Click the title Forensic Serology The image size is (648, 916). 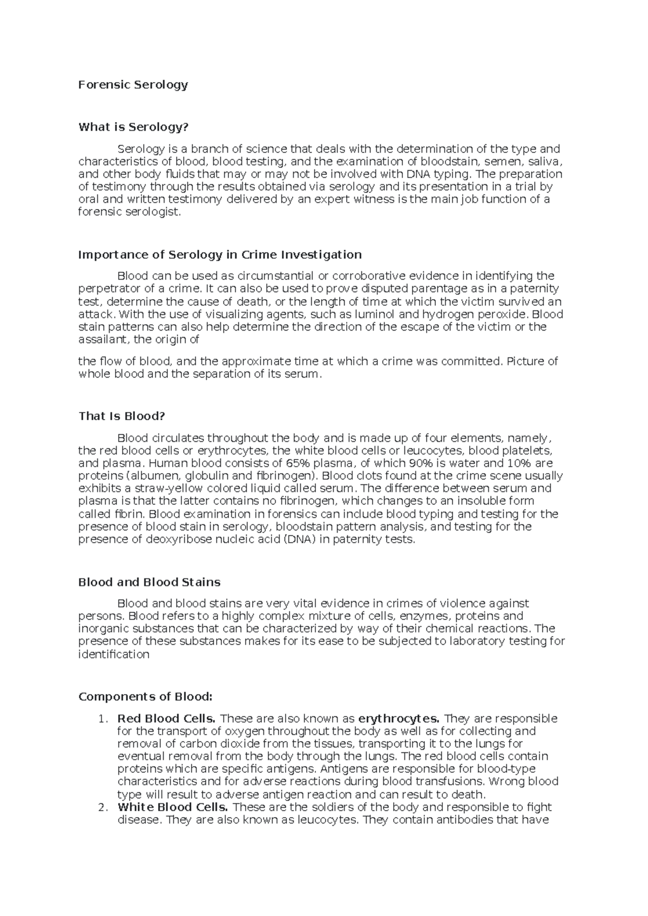[133, 85]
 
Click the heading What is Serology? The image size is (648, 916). [133, 127]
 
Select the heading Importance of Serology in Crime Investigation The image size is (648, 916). [220, 254]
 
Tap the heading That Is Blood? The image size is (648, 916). [121, 416]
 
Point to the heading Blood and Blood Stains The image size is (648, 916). [149, 582]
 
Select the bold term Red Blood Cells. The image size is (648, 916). [166, 719]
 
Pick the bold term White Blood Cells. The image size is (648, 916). [173, 807]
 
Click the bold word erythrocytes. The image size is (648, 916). [399, 719]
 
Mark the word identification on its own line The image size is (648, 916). [113, 655]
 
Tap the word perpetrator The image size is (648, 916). [107, 289]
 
